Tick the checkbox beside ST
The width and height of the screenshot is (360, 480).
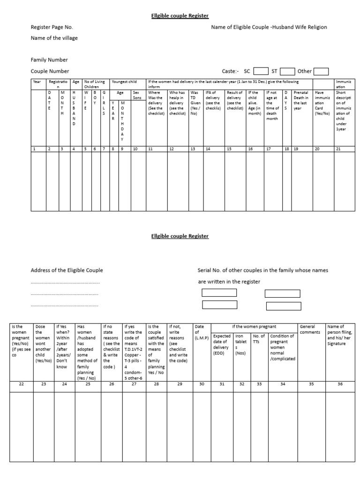pos(287,71)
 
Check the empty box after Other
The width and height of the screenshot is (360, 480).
pos(321,71)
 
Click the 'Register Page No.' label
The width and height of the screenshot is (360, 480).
pos(52,27)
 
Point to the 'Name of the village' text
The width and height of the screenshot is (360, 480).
pos(54,38)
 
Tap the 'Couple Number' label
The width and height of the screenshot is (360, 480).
pos(50,71)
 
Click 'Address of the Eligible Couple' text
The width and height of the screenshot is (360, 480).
pos(67,270)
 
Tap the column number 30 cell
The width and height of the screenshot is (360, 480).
pos(202,384)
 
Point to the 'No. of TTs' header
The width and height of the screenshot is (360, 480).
pos(259,339)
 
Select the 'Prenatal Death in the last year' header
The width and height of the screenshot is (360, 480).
pos(301,100)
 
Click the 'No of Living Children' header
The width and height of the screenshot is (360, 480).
pos(95,84)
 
